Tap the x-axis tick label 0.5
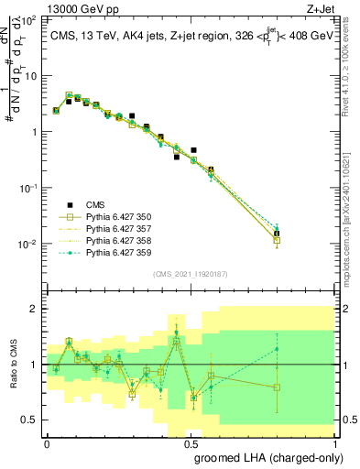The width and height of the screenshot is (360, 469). [191, 442]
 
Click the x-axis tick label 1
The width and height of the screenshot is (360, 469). [334, 442]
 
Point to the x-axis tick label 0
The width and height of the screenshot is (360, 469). [47, 442]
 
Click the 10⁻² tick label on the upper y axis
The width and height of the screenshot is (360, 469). [29, 244]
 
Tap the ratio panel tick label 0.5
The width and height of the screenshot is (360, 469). [29, 420]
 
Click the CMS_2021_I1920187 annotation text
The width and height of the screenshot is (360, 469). [189, 274]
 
